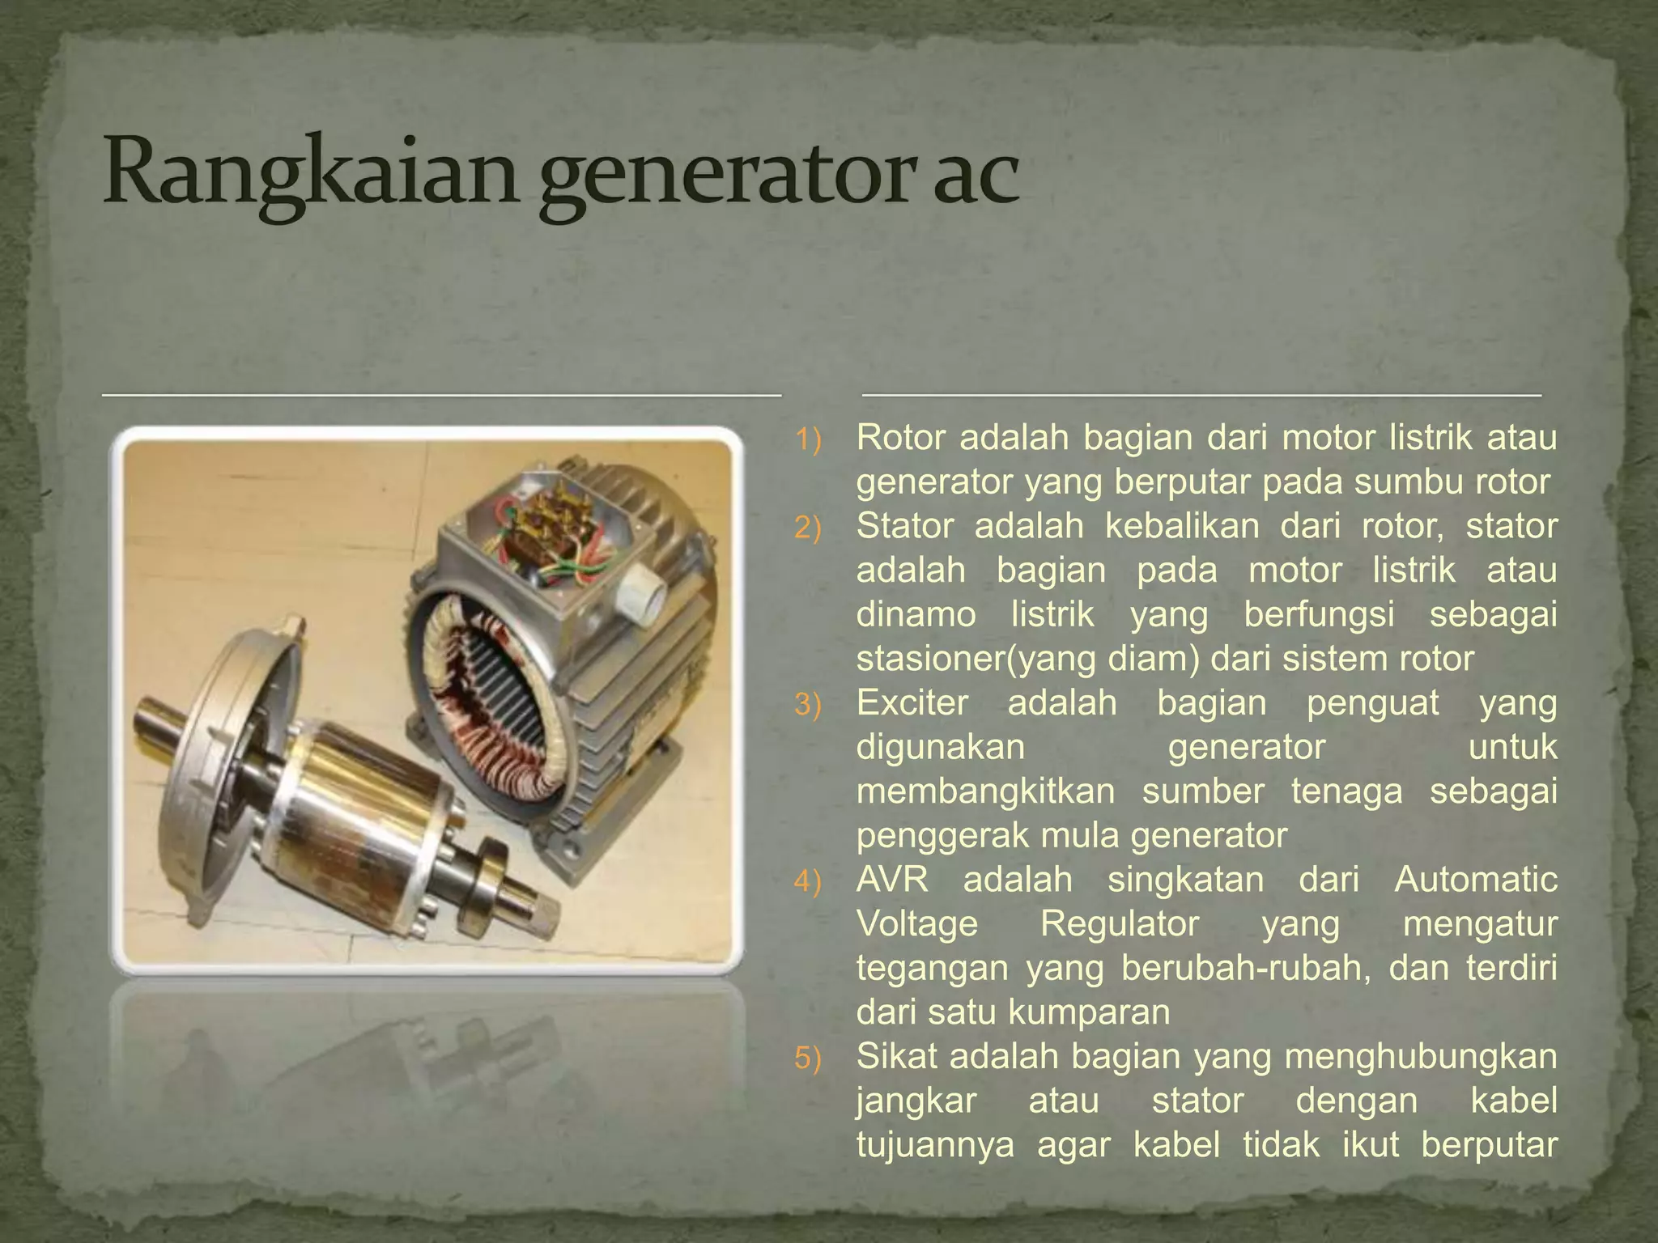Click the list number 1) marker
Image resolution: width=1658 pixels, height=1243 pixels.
(x=807, y=440)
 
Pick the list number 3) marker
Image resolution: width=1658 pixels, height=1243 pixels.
(x=807, y=705)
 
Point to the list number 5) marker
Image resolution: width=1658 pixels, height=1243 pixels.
(x=807, y=1058)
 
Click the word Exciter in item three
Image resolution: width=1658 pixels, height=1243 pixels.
(x=912, y=702)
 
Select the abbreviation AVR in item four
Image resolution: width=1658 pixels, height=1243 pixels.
(x=892, y=879)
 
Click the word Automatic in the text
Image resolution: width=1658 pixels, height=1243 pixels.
(x=1475, y=879)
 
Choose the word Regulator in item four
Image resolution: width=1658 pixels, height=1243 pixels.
(x=1119, y=923)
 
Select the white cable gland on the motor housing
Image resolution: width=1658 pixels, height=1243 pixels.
(x=644, y=595)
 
